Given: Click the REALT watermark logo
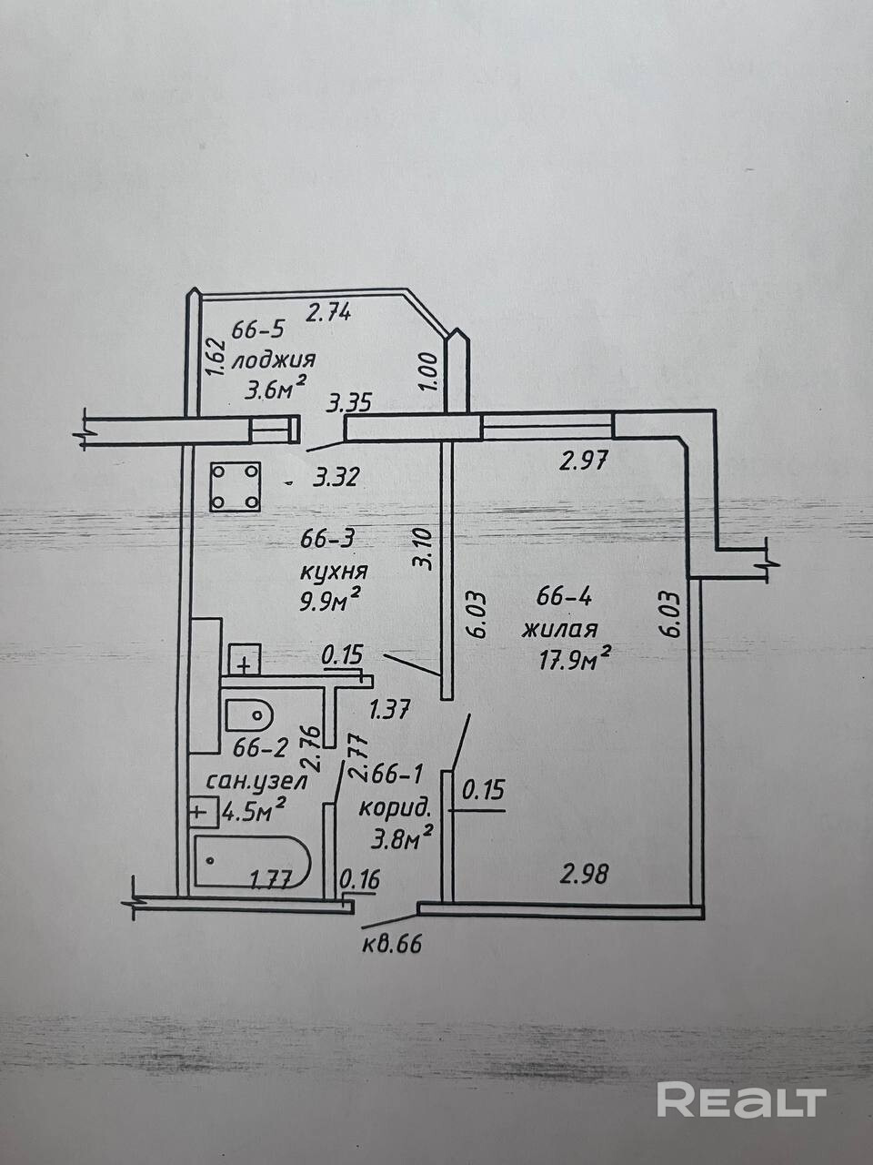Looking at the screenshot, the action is click(x=741, y=1100).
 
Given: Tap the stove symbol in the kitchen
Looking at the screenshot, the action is click(x=236, y=487).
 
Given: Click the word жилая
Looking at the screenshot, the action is click(x=559, y=628).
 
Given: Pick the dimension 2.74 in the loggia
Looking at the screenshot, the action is click(x=328, y=313).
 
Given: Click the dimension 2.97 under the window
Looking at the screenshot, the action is click(x=583, y=461).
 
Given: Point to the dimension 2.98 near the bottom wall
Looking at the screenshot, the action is click(x=584, y=875).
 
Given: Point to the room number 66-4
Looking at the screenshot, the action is click(x=565, y=597).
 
